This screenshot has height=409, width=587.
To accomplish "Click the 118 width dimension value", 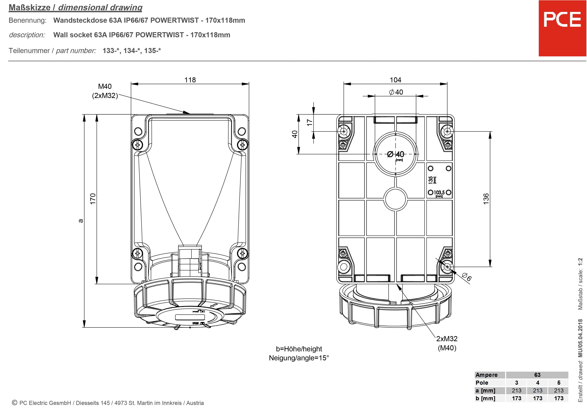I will point(190,80).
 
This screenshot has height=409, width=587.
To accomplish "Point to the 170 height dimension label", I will point(93,198).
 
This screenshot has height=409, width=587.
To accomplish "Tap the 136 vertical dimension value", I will point(486,199).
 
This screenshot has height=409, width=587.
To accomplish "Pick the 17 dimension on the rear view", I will point(310,123).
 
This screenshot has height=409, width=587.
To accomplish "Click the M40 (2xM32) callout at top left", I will point(105,91).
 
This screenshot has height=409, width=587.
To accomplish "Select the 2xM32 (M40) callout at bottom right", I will point(447,343).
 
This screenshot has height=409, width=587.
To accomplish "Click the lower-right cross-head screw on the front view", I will point(242,253).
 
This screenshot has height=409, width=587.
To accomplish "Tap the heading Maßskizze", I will point(29,7).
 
